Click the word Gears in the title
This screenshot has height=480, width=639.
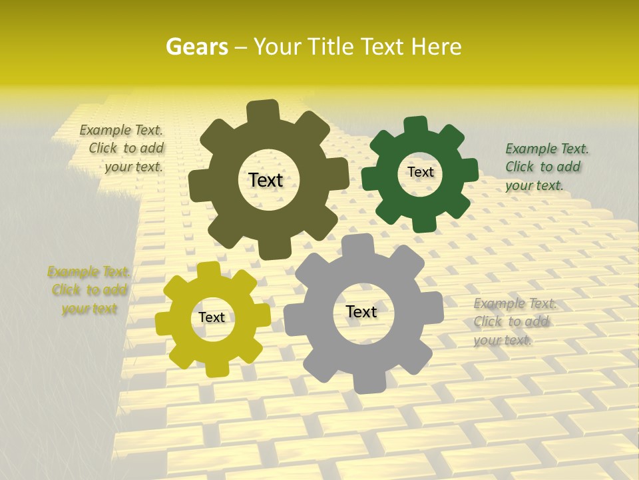(x=196, y=47)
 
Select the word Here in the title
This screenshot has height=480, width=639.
(x=437, y=47)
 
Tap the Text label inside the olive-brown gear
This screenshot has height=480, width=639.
(x=266, y=180)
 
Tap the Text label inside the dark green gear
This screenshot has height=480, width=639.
(x=420, y=172)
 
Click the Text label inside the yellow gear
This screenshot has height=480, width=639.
(x=212, y=318)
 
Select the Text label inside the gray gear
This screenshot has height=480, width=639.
(x=361, y=311)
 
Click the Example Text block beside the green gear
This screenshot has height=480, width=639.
(x=546, y=167)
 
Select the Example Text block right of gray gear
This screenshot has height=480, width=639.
(x=514, y=322)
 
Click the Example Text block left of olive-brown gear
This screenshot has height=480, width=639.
(x=124, y=149)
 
